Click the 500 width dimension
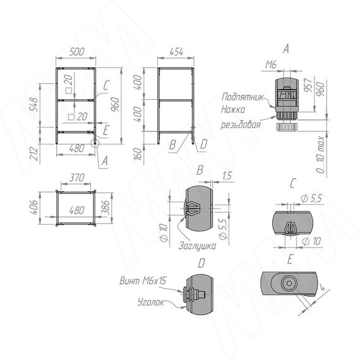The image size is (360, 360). click(76, 52)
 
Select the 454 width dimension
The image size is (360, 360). click(176, 52)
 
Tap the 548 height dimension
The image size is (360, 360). click(34, 104)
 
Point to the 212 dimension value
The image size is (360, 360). click(33, 153)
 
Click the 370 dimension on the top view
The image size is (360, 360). click(76, 177)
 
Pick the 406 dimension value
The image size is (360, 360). click(33, 207)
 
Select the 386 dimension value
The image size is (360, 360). click(105, 207)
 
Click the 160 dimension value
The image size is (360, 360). click(137, 154)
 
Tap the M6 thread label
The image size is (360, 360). click(271, 65)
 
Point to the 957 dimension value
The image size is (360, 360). click(308, 85)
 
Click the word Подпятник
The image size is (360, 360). click(243, 97)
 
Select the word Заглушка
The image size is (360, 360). click(198, 246)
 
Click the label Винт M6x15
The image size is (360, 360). click(143, 280)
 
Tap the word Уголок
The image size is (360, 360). click(151, 302)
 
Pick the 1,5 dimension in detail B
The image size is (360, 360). click(227, 176)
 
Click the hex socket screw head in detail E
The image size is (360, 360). click(289, 284)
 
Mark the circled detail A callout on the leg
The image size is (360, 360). click(95, 143)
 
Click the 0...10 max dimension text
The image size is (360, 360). click(320, 154)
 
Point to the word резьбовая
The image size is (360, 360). click(241, 124)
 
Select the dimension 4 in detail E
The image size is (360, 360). click(322, 287)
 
